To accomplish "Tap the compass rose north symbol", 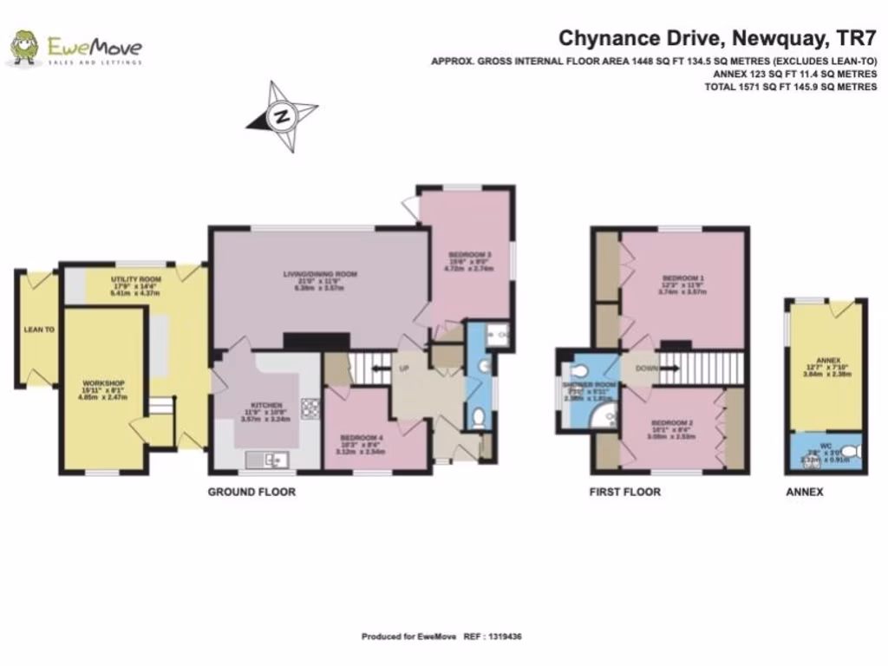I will (281, 115).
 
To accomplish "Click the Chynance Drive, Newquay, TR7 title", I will (717, 38).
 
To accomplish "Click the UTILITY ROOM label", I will (137, 279).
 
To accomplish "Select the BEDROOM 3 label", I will (464, 255).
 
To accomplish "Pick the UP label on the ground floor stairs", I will (402, 369).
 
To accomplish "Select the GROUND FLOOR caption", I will (251, 492).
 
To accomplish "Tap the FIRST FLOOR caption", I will (624, 492).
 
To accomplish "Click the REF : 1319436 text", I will (492, 637).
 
